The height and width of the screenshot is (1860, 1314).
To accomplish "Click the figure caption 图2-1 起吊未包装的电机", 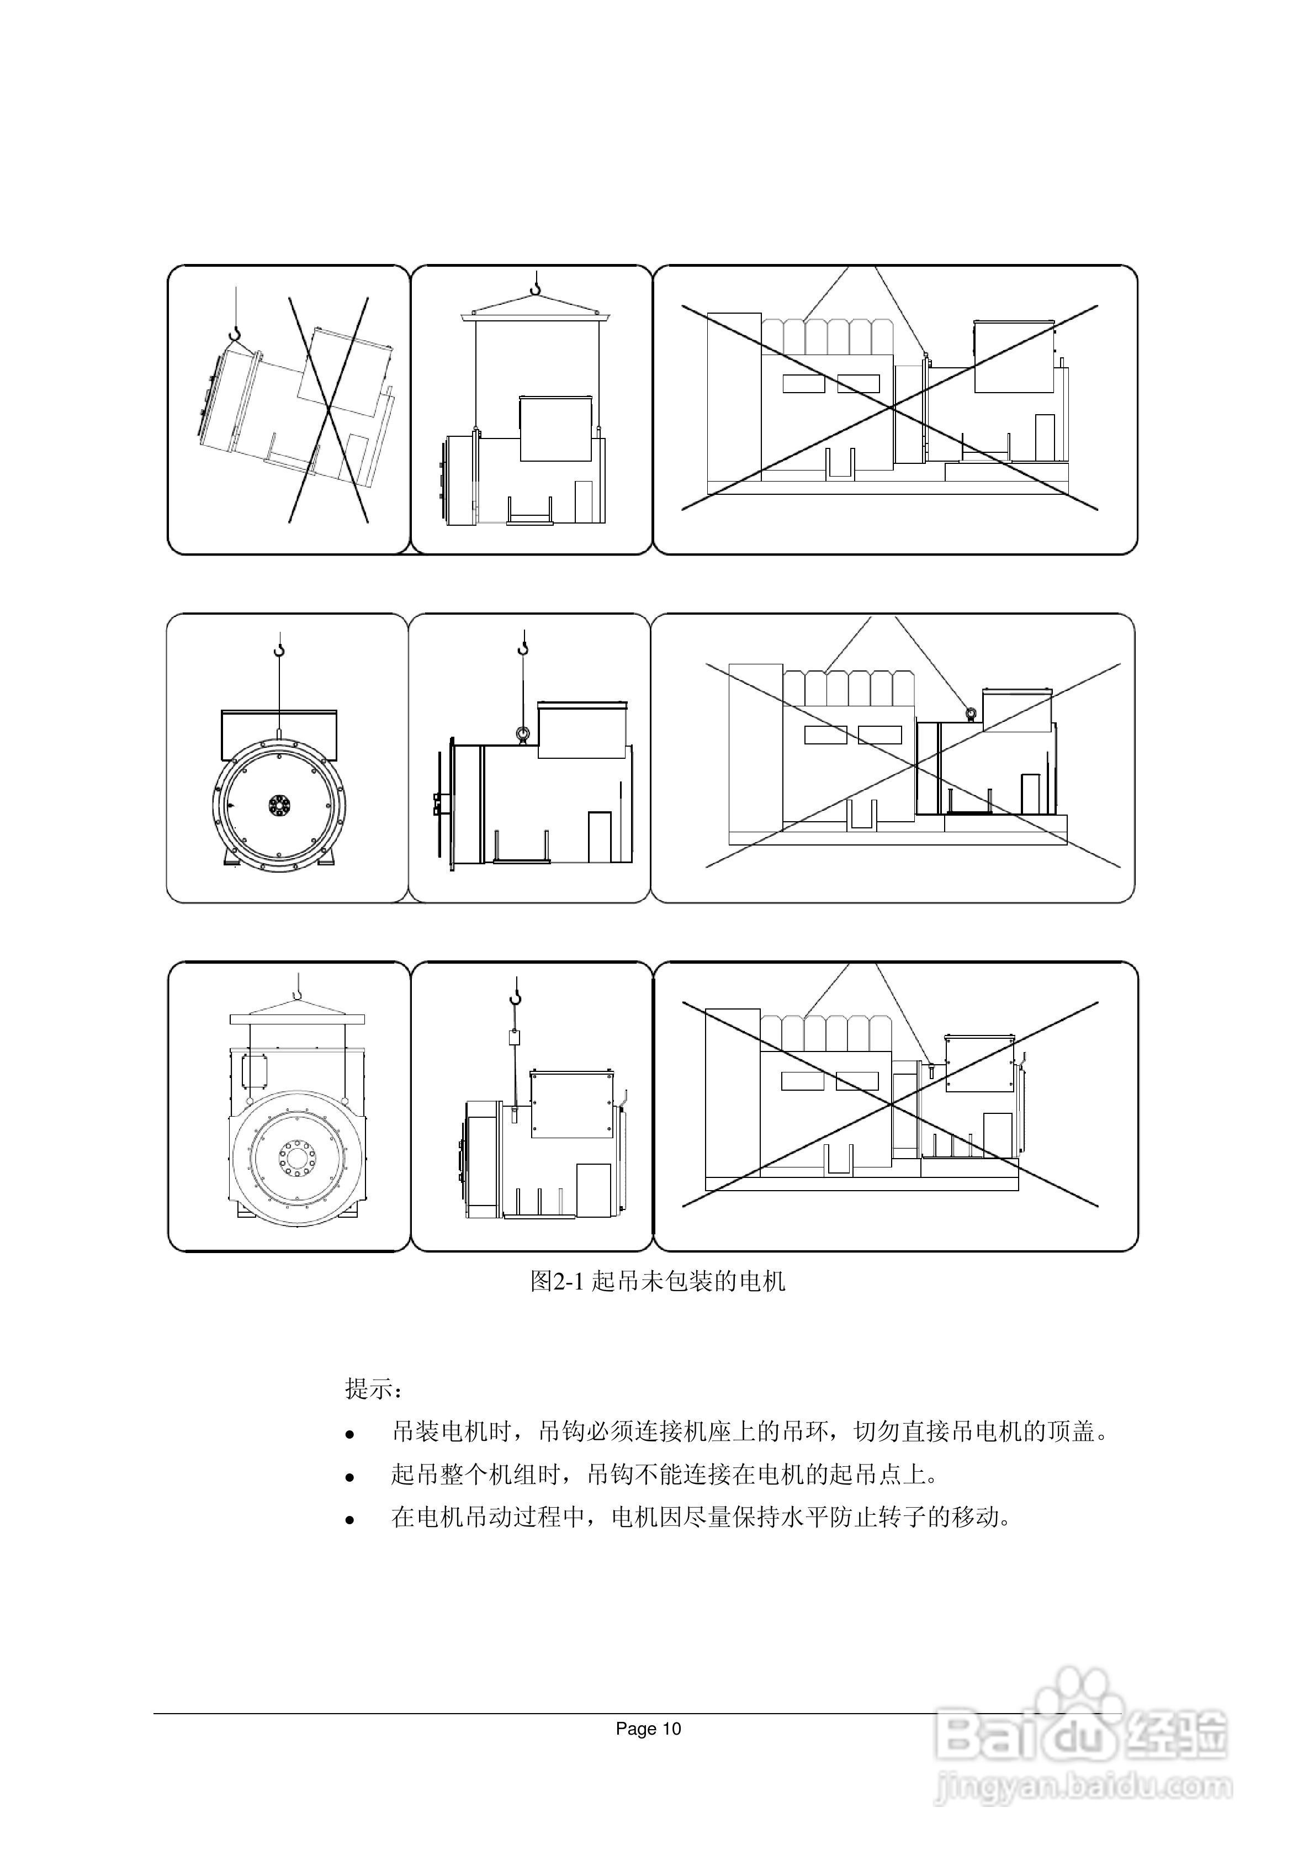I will coord(657,1281).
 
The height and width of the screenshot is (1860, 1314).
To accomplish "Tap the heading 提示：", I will coord(373,1388).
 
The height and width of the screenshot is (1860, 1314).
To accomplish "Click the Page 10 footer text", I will coord(648,1729).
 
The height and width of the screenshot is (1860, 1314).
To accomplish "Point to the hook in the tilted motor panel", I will coord(235,334).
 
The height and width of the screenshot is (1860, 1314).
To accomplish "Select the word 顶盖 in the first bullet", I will coord(1071,1431).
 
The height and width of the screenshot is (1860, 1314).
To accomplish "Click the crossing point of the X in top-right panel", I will coord(891,408).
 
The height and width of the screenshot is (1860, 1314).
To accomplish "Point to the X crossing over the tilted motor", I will coord(328,409).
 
